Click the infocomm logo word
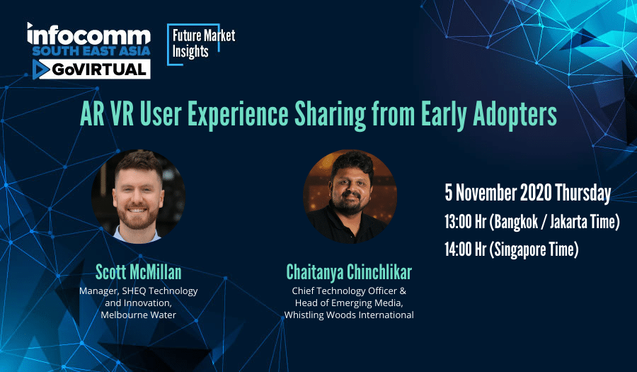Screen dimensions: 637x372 tap(88, 34)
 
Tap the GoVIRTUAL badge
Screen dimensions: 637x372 tap(91, 69)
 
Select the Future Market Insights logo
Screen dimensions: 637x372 tap(201, 44)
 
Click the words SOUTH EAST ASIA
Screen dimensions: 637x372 tap(91, 51)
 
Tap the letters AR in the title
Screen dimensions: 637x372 tap(91, 114)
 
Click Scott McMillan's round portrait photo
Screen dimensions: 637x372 tap(138, 196)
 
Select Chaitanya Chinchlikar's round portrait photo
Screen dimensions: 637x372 tap(350, 196)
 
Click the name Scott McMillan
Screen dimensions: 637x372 tap(138, 272)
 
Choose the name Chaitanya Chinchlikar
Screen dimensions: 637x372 tap(349, 272)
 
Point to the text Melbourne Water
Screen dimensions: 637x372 tap(139, 315)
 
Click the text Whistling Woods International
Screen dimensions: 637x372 tap(349, 315)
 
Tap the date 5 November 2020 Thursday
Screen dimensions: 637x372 tap(528, 193)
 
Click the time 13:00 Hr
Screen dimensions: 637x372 tap(465, 222)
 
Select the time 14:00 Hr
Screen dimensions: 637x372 tap(465, 249)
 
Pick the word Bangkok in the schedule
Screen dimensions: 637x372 tap(512, 222)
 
